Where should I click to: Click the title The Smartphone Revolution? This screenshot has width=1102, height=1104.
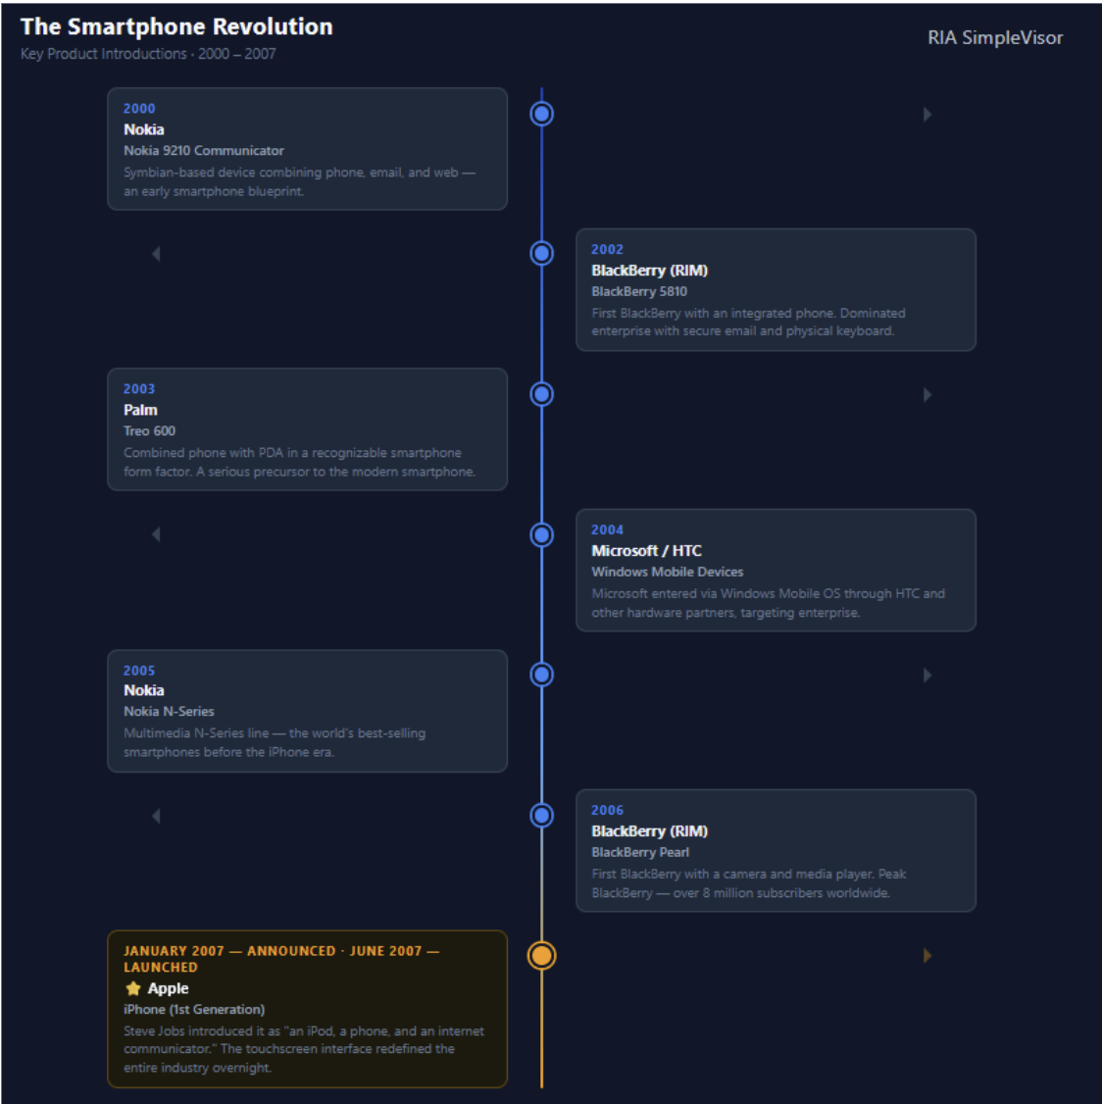pos(176,26)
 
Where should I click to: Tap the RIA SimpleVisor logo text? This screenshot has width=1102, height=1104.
pos(995,37)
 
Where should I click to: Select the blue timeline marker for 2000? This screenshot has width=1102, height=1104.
pos(541,114)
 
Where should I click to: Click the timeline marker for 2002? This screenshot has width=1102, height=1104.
pos(541,254)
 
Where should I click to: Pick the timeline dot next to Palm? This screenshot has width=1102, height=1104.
pos(541,394)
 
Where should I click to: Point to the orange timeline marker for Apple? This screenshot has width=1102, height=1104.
pos(541,955)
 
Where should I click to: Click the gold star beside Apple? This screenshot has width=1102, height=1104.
pos(133,988)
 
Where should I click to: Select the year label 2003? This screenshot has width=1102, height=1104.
pos(138,388)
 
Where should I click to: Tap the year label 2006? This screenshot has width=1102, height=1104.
pos(607,811)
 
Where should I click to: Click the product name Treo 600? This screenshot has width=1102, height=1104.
pos(149,430)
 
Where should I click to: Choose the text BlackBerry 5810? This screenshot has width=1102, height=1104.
pos(638,291)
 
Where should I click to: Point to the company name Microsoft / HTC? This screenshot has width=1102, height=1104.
pos(646,551)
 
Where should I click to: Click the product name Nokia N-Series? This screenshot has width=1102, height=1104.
pos(169,712)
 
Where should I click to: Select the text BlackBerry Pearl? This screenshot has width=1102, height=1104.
pos(640,852)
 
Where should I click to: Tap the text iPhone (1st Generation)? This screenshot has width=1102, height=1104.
pos(194,1010)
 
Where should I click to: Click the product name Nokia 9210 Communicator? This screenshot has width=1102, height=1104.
pos(204,151)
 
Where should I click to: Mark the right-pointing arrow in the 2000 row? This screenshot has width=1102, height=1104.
pos(927,114)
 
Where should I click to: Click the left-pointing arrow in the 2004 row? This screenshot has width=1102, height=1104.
pos(156,534)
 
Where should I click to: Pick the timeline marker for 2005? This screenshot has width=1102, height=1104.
pos(541,675)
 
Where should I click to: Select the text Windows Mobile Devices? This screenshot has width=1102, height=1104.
pos(667,572)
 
